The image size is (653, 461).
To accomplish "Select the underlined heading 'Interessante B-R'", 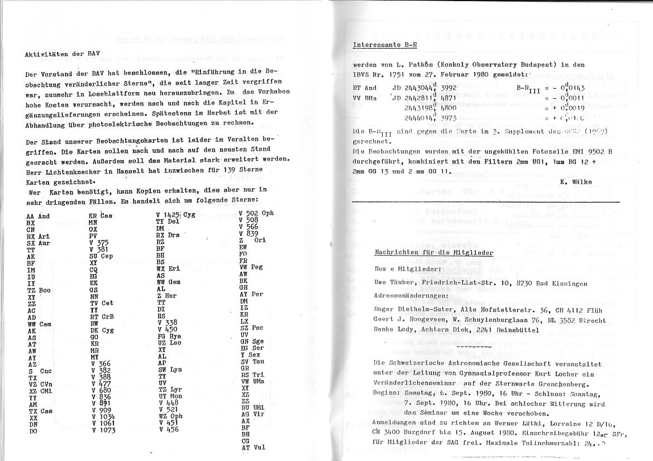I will pos(385,44).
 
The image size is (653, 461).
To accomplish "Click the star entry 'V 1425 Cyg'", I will pos(175,215).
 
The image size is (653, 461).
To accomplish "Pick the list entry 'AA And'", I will pos(38,217).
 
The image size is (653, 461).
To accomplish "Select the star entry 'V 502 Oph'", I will pos(256,213).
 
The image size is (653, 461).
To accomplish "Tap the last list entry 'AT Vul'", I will pos(253,447).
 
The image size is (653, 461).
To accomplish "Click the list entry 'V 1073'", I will pos(104,430).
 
